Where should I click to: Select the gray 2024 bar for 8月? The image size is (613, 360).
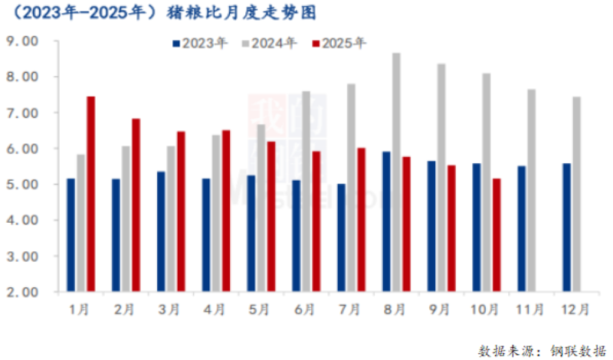pos(396,172)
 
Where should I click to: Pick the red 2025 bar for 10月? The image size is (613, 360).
pos(497,235)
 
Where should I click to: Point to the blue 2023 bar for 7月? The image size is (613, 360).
pos(341,237)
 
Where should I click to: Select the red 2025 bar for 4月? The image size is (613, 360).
pos(226,211)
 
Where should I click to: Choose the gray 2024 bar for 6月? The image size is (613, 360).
pos(306,191)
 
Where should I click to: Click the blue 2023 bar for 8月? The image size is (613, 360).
pos(386,221)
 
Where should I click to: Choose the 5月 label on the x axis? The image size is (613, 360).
pos(259,310)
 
